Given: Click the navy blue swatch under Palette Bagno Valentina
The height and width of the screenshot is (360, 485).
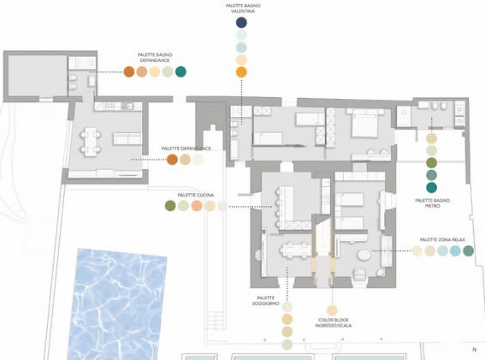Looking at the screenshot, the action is (x=241, y=22).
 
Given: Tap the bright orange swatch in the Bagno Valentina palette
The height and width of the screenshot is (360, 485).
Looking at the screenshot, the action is (x=241, y=72).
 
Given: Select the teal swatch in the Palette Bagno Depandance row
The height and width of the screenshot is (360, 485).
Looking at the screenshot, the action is (x=181, y=72).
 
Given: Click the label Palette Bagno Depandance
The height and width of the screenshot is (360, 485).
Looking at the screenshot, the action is (x=155, y=58).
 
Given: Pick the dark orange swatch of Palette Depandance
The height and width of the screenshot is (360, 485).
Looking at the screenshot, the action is (x=172, y=159).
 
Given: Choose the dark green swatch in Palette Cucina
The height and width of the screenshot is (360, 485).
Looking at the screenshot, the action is (x=170, y=206).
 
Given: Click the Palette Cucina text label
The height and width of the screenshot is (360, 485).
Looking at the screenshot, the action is (x=195, y=195).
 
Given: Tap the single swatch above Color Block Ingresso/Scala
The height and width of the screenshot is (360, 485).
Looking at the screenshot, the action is (x=332, y=310).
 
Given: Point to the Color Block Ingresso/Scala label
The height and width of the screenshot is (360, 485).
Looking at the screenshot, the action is (x=333, y=322).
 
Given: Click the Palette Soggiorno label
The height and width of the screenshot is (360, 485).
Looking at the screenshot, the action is (x=266, y=300).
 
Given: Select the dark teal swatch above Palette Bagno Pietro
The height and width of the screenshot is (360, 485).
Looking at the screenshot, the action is (x=432, y=187).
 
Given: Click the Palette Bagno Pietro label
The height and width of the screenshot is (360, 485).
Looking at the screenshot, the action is (x=433, y=203).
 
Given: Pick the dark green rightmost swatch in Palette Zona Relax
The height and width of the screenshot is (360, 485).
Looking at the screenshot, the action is (x=468, y=251).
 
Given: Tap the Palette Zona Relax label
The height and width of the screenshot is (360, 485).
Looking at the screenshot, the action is (x=442, y=240).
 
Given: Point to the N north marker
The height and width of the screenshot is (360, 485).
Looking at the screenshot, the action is (x=474, y=350).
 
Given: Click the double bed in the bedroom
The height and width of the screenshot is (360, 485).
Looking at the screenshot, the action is (x=365, y=123).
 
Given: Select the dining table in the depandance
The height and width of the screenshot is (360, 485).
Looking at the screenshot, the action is (x=90, y=142).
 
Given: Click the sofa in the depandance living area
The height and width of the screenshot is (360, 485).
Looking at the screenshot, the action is (x=127, y=138).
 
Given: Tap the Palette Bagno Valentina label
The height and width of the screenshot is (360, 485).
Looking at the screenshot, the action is (x=243, y=8).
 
